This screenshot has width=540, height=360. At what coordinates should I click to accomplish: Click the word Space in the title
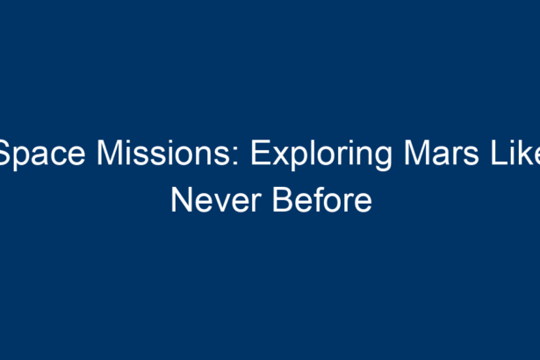pyautogui.click(x=41, y=154)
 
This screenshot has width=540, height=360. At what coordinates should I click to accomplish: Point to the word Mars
pyautogui.click(x=441, y=153)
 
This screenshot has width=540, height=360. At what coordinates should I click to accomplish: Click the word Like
pyautogui.click(x=515, y=153)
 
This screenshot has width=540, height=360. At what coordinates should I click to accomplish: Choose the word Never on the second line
pyautogui.click(x=216, y=200)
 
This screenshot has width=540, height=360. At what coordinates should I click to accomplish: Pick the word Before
pyautogui.click(x=322, y=199)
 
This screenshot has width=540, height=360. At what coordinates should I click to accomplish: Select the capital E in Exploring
pyautogui.click(x=260, y=153)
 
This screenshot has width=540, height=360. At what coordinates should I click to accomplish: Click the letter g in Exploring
pyautogui.click(x=382, y=159)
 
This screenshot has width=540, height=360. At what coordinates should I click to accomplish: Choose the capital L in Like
pyautogui.click(x=499, y=153)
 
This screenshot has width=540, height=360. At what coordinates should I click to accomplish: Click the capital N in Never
pyautogui.click(x=182, y=200)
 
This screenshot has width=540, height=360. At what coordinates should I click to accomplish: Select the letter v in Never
pyautogui.click(x=224, y=204)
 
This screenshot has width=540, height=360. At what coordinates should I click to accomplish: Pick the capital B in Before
pyautogui.click(x=284, y=200)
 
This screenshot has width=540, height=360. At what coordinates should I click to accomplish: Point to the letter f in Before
pyautogui.click(x=321, y=199)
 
